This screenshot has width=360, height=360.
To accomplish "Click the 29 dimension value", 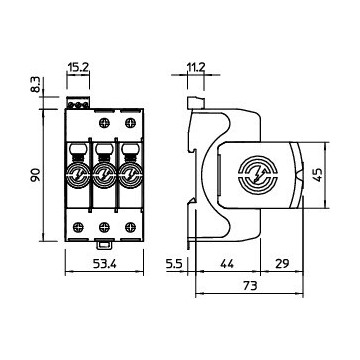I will click(x=283, y=265).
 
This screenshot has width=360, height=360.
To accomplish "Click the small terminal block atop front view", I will click(x=79, y=100).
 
